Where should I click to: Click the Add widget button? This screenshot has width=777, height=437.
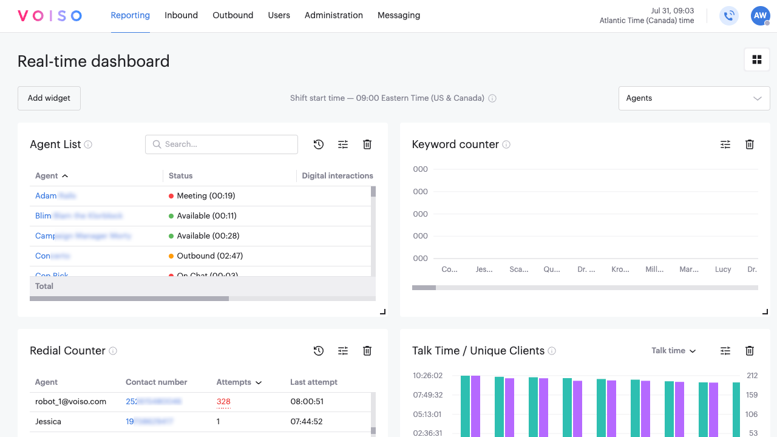[x=49, y=98]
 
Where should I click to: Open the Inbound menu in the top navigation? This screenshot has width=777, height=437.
[x=181, y=15]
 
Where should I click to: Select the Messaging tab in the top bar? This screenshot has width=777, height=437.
[x=398, y=15]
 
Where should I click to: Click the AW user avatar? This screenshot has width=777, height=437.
[x=760, y=16]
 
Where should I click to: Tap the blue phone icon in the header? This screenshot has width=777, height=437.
[x=729, y=16]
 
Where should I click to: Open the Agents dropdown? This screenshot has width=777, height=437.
[x=694, y=98]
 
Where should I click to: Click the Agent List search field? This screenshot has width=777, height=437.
[x=222, y=144]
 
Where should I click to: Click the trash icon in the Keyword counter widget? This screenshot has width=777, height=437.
[x=750, y=144]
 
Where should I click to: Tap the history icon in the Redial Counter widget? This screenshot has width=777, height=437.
[x=319, y=351]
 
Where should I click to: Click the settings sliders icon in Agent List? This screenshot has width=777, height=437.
[x=343, y=144]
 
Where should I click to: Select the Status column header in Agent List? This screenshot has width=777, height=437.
[x=181, y=176]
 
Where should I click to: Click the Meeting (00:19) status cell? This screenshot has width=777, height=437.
[x=206, y=196]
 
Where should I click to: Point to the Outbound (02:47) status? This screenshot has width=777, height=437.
[x=209, y=256]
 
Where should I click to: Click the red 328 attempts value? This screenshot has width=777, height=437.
[x=223, y=402]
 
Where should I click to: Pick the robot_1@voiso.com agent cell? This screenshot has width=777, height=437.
[x=71, y=402]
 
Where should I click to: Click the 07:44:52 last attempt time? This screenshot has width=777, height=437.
[x=307, y=422]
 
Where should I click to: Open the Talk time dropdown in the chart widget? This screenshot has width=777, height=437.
[x=674, y=351]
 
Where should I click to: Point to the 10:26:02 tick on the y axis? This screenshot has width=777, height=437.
[x=428, y=376]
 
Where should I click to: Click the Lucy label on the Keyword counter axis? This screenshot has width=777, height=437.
[x=723, y=269]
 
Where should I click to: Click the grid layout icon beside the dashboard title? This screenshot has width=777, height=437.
[x=756, y=59]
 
